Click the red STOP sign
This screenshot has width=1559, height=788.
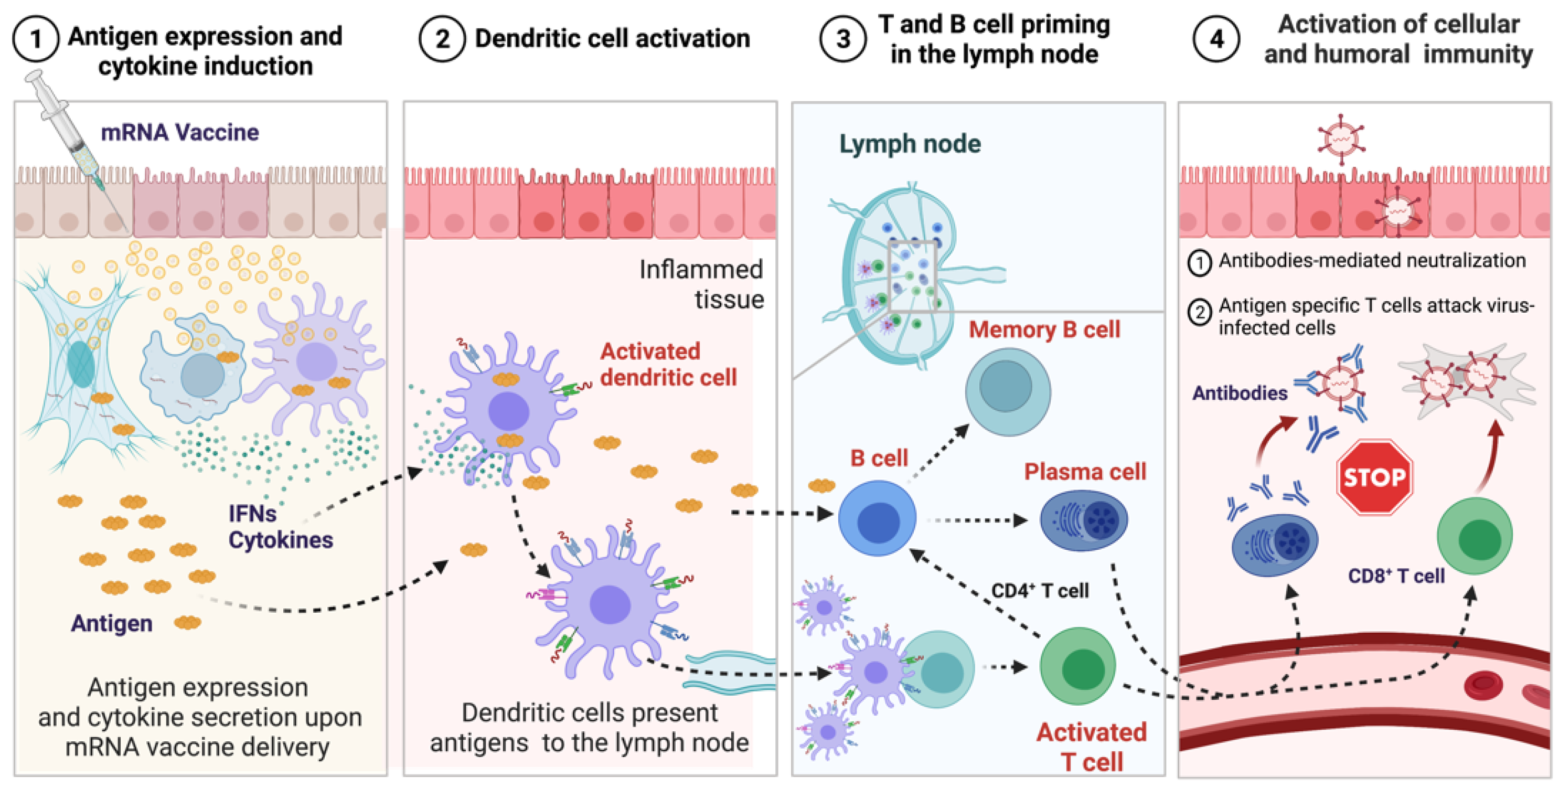click(x=1374, y=477)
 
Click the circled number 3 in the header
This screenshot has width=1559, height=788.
click(x=843, y=39)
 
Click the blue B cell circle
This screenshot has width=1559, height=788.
click(x=877, y=518)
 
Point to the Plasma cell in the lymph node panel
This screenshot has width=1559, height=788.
click(x=1083, y=520)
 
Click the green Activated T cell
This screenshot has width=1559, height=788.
click(x=1078, y=666)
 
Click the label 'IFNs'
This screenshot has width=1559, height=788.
click(x=252, y=514)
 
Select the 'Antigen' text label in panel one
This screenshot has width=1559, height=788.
click(x=111, y=623)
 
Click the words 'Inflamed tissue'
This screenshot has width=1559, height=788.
click(x=702, y=284)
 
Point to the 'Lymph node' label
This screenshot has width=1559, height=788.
click(x=909, y=144)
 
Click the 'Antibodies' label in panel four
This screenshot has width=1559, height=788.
click(x=1240, y=393)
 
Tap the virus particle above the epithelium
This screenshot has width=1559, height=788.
click(x=1341, y=139)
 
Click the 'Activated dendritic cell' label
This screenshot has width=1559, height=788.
click(x=668, y=364)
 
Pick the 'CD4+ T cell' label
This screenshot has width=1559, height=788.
click(x=1040, y=591)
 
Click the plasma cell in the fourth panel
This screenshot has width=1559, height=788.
click(x=1275, y=544)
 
